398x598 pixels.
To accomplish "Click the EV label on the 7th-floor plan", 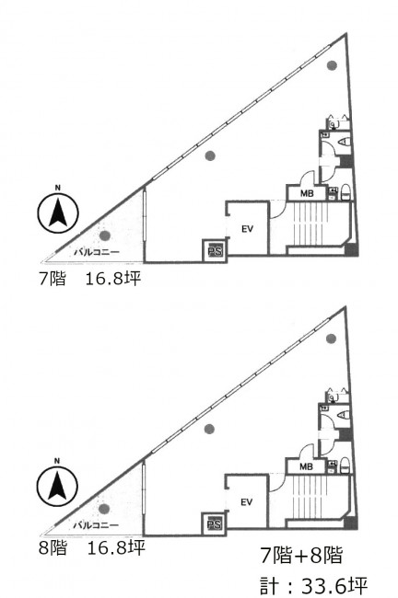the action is coord(248,229).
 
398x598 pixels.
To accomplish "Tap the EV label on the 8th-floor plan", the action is coord(247,502).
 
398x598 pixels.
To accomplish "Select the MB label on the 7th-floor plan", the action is coord(306,193).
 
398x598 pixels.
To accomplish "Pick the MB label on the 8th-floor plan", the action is coord(306,466).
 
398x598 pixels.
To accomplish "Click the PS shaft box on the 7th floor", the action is coord(215,250).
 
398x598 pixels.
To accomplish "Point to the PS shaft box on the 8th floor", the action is coord(215,524).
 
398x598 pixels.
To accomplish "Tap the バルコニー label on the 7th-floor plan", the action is coord(96,252).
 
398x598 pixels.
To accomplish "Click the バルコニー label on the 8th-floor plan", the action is coord(96,525).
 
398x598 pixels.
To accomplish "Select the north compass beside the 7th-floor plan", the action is coord(58,213).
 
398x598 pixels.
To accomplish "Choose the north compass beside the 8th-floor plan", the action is coord(57,486).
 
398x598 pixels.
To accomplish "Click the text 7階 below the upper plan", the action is coord(53,279).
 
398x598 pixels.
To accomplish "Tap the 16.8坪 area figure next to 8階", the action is coord(116,548).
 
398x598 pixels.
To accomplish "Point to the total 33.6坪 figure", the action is coord(334,584).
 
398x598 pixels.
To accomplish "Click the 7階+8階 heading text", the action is coord(301,555).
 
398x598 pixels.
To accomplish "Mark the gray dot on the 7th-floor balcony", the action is coord(105,236).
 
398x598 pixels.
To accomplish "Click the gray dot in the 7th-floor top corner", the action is coord(332,65).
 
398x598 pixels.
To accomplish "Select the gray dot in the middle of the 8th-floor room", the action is coord(209,430).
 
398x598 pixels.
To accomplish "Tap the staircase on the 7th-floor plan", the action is coord(310,224).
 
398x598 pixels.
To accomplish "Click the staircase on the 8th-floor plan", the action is coord(310,498).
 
